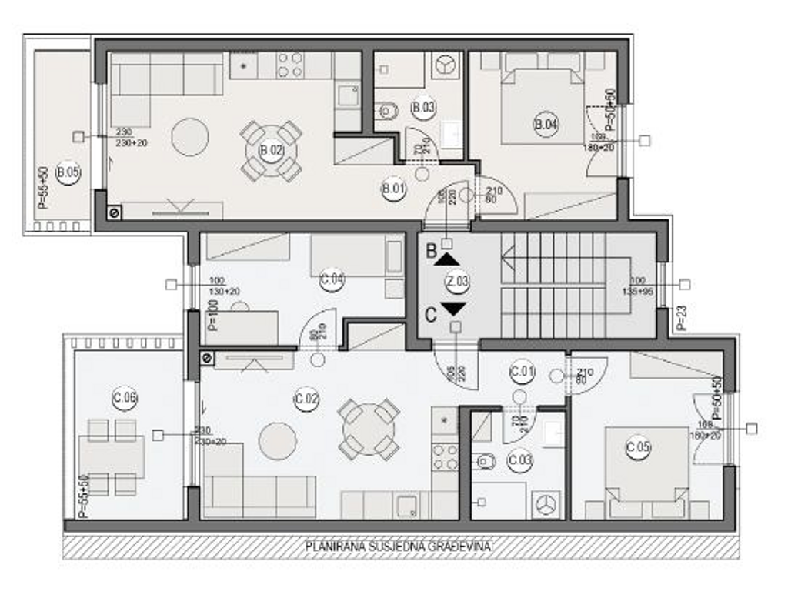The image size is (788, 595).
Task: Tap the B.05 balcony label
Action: pos(68,172)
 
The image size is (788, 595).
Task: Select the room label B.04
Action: pos(546,123)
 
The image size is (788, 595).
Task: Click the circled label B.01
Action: pos(393,187)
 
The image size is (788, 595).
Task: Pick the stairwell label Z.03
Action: pos(457,282)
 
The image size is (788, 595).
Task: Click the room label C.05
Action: pos(638,447)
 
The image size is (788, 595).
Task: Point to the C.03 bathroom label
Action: pos(521,461)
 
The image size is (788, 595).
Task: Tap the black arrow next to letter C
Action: pos(453,309)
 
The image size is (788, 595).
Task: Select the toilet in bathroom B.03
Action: pos(387,112)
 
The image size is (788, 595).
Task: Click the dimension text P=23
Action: pos(679,318)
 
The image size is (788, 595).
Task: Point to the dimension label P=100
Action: pos(213,316)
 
